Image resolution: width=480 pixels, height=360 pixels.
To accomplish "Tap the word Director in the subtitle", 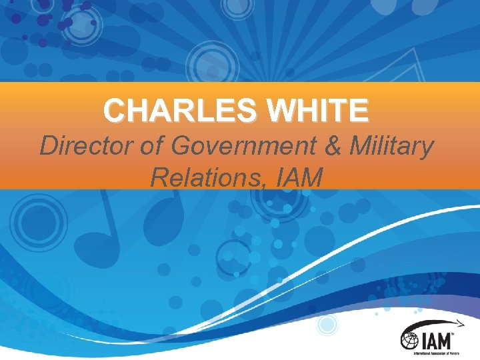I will click(x=87, y=145).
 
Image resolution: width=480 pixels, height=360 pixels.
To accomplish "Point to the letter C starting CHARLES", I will click(x=115, y=110).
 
